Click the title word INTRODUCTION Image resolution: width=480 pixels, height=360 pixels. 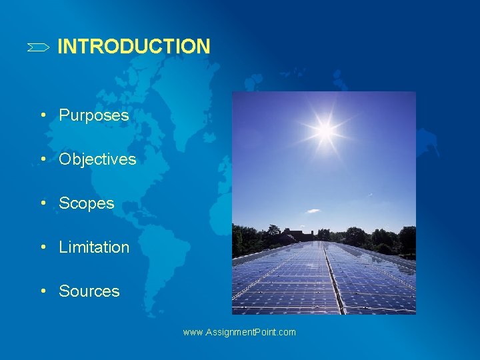(x=133, y=47)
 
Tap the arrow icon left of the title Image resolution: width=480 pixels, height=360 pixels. (x=38, y=47)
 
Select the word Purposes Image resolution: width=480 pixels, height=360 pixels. (x=93, y=115)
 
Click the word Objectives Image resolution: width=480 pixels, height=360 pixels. (x=97, y=159)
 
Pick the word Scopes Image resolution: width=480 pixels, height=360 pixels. (x=87, y=203)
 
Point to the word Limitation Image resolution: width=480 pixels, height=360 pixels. (x=94, y=247)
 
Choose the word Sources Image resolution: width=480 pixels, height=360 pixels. (x=89, y=291)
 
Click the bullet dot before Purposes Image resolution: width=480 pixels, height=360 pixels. (x=43, y=115)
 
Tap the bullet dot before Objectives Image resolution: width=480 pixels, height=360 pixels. (x=43, y=159)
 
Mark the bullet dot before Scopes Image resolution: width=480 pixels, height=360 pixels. (x=43, y=203)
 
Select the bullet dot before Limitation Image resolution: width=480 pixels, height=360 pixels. (x=43, y=247)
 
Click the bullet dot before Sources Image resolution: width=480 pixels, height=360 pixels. (x=43, y=291)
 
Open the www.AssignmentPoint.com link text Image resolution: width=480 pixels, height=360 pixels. (x=239, y=332)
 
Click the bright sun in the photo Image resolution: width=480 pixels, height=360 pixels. (x=325, y=131)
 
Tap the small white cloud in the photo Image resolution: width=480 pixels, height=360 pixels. (x=312, y=211)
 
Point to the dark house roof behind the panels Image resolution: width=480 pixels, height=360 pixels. (x=298, y=235)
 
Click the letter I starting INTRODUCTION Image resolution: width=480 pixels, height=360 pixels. (x=61, y=47)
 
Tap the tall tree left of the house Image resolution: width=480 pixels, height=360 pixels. (x=273, y=233)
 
